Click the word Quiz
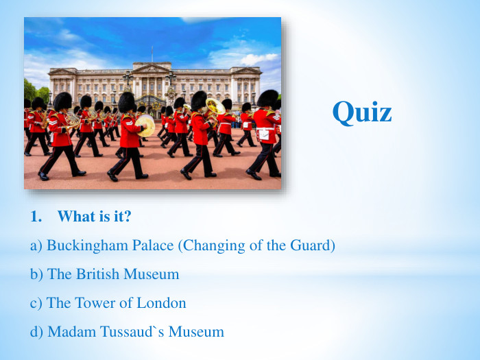pyautogui.click(x=362, y=112)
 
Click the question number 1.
pyautogui.click(x=36, y=217)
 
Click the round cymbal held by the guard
pyautogui.click(x=145, y=125)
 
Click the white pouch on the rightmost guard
pyautogui.click(x=263, y=134)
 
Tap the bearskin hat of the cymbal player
pyautogui.click(x=126, y=102)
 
